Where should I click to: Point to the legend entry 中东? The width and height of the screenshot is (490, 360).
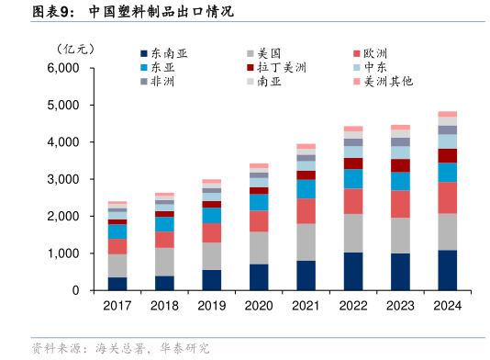click(x=374, y=68)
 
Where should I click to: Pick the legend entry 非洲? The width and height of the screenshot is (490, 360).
click(x=163, y=82)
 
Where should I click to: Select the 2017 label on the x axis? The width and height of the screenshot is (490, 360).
click(x=117, y=305)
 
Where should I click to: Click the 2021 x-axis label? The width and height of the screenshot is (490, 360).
click(x=306, y=305)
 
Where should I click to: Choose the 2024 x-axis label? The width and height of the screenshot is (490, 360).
click(x=447, y=305)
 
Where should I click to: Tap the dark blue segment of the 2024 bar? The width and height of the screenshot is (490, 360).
click(x=447, y=270)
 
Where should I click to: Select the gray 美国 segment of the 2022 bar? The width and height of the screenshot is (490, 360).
click(x=353, y=233)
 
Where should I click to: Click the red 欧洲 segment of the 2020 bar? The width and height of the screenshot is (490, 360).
click(x=259, y=221)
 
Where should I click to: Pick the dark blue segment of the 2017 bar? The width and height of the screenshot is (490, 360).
click(x=117, y=284)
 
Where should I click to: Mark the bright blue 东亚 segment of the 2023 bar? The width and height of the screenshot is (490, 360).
click(x=400, y=181)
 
